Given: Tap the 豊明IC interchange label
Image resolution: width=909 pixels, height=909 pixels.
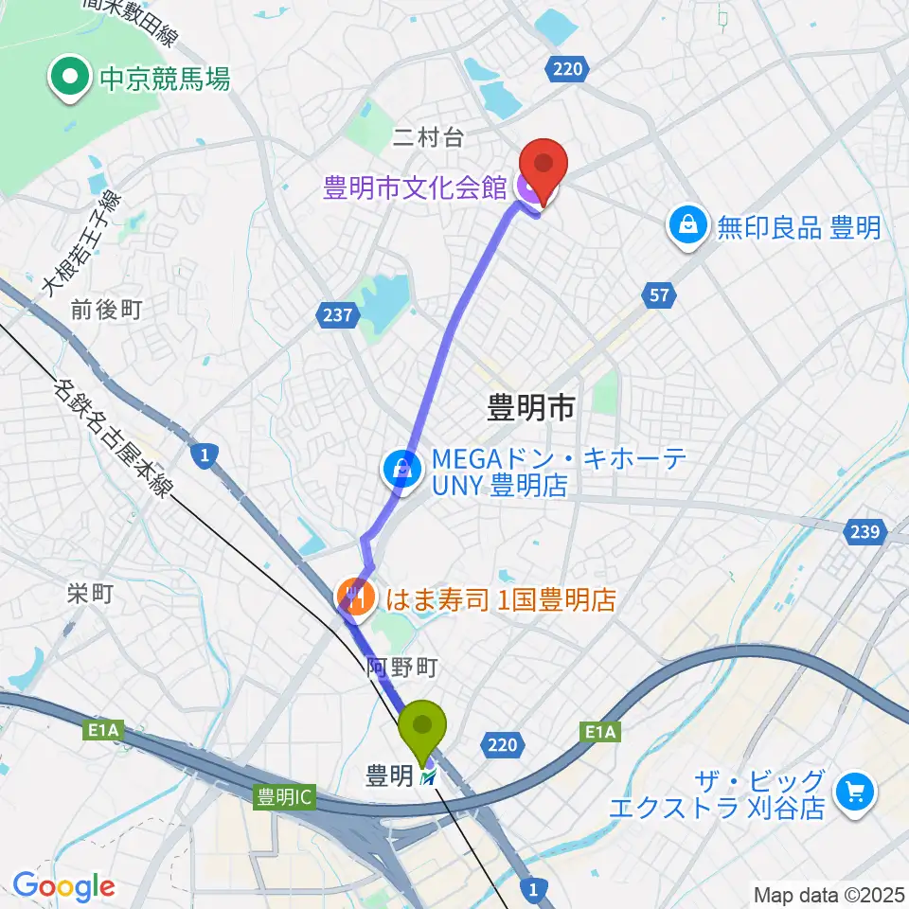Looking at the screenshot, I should (x=283, y=798).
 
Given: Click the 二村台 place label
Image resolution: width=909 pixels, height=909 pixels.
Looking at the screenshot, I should (x=429, y=138).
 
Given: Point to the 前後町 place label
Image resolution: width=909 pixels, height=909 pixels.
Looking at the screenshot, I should (x=106, y=310).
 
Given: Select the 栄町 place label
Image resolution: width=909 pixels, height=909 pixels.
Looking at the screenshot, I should (x=90, y=594).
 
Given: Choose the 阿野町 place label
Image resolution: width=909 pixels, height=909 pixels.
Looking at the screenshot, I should (x=401, y=668).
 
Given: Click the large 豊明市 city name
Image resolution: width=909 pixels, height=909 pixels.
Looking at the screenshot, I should (x=530, y=409).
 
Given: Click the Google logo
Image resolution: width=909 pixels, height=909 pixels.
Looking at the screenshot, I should (x=63, y=886).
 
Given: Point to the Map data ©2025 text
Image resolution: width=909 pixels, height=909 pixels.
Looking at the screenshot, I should (x=829, y=894).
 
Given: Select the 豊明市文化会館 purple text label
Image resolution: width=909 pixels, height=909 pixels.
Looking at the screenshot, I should (x=415, y=187).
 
